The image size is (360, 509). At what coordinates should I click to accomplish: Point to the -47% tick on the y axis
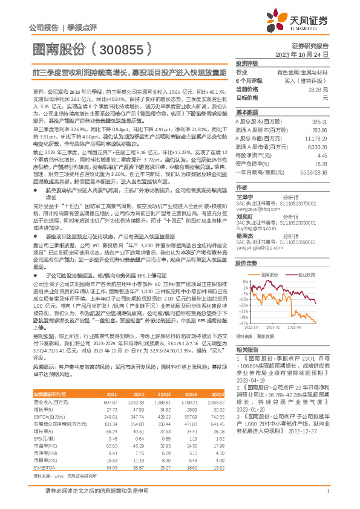[243, 324]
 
